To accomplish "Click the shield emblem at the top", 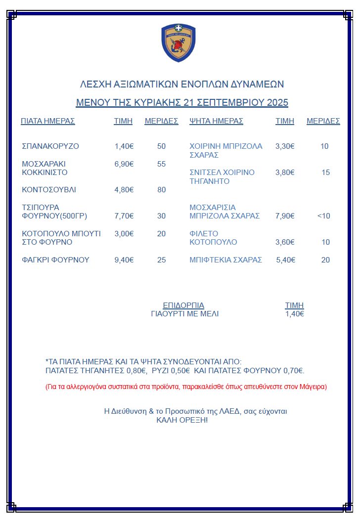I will (x=179, y=43).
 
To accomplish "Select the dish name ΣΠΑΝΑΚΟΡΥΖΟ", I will (x=50, y=146).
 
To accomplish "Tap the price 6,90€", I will (x=124, y=164).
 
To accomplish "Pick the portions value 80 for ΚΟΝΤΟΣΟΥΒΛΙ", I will (x=162, y=190).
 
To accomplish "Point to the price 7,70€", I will (x=124, y=216).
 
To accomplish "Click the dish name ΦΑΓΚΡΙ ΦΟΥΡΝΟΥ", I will (x=56, y=260).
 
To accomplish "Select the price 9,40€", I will (x=124, y=260).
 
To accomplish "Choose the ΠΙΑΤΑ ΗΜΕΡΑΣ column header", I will (x=48, y=121).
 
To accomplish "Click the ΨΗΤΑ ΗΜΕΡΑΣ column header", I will (x=217, y=121).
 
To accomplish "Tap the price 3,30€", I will (x=285, y=146).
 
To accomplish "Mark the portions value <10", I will (x=324, y=216).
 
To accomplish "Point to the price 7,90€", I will (x=285, y=216).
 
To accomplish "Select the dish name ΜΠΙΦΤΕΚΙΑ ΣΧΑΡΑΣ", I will (x=226, y=260).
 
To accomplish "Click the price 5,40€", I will (x=286, y=260).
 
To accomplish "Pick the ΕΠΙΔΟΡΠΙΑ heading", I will (x=183, y=305).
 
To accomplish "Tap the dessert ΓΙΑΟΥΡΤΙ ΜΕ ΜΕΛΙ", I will (x=184, y=314).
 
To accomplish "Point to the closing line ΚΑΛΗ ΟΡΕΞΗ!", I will (x=182, y=420).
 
